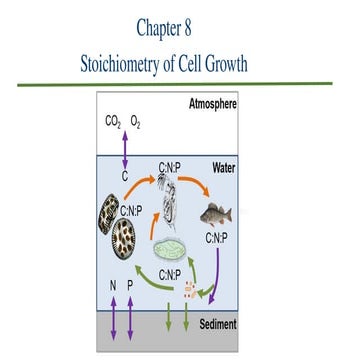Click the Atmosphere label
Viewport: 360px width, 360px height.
click(x=212, y=104)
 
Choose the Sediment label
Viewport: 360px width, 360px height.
click(x=218, y=326)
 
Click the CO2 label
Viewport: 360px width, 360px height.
click(x=114, y=125)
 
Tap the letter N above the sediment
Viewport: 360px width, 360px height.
click(x=113, y=285)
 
